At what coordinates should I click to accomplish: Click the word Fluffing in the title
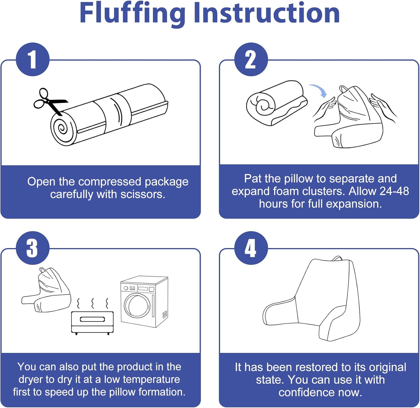(x=132, y=13)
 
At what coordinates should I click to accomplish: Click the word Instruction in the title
(x=267, y=13)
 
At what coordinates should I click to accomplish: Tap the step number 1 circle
(x=33, y=60)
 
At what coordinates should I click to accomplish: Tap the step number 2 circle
(x=251, y=60)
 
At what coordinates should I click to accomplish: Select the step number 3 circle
(x=33, y=248)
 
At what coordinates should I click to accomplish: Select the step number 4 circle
(x=251, y=248)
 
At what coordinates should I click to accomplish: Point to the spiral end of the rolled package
(x=63, y=129)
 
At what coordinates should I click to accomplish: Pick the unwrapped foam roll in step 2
(x=276, y=103)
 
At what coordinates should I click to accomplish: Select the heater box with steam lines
(x=92, y=321)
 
